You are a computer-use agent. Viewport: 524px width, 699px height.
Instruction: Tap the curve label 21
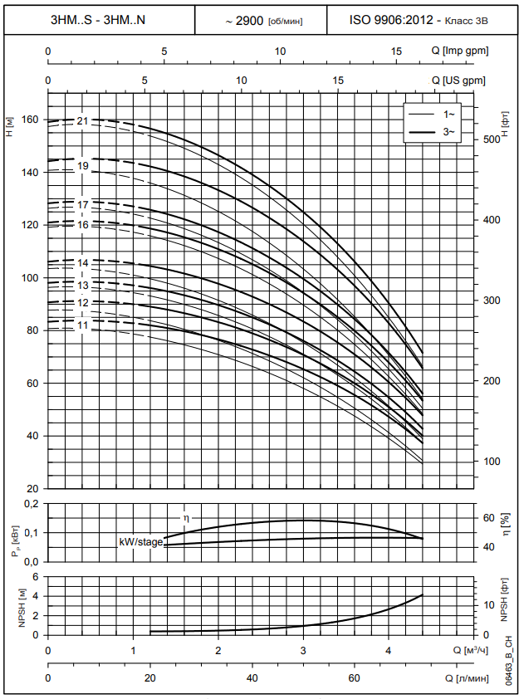pyautogui.click(x=82, y=121)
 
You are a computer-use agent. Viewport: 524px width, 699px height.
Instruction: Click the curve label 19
pyautogui.click(x=82, y=166)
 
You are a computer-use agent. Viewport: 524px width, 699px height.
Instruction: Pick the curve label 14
pyautogui.click(x=82, y=263)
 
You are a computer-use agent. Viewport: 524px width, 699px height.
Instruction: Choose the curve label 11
pyautogui.click(x=82, y=325)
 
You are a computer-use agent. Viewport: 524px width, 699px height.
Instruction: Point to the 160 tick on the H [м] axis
pyautogui.click(x=32, y=120)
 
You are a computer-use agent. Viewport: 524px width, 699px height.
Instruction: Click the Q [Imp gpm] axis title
pyautogui.click(x=459, y=51)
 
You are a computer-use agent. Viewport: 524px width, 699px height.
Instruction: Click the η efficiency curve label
pyautogui.click(x=186, y=517)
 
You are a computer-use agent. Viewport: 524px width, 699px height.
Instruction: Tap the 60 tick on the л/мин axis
pyautogui.click(x=355, y=679)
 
